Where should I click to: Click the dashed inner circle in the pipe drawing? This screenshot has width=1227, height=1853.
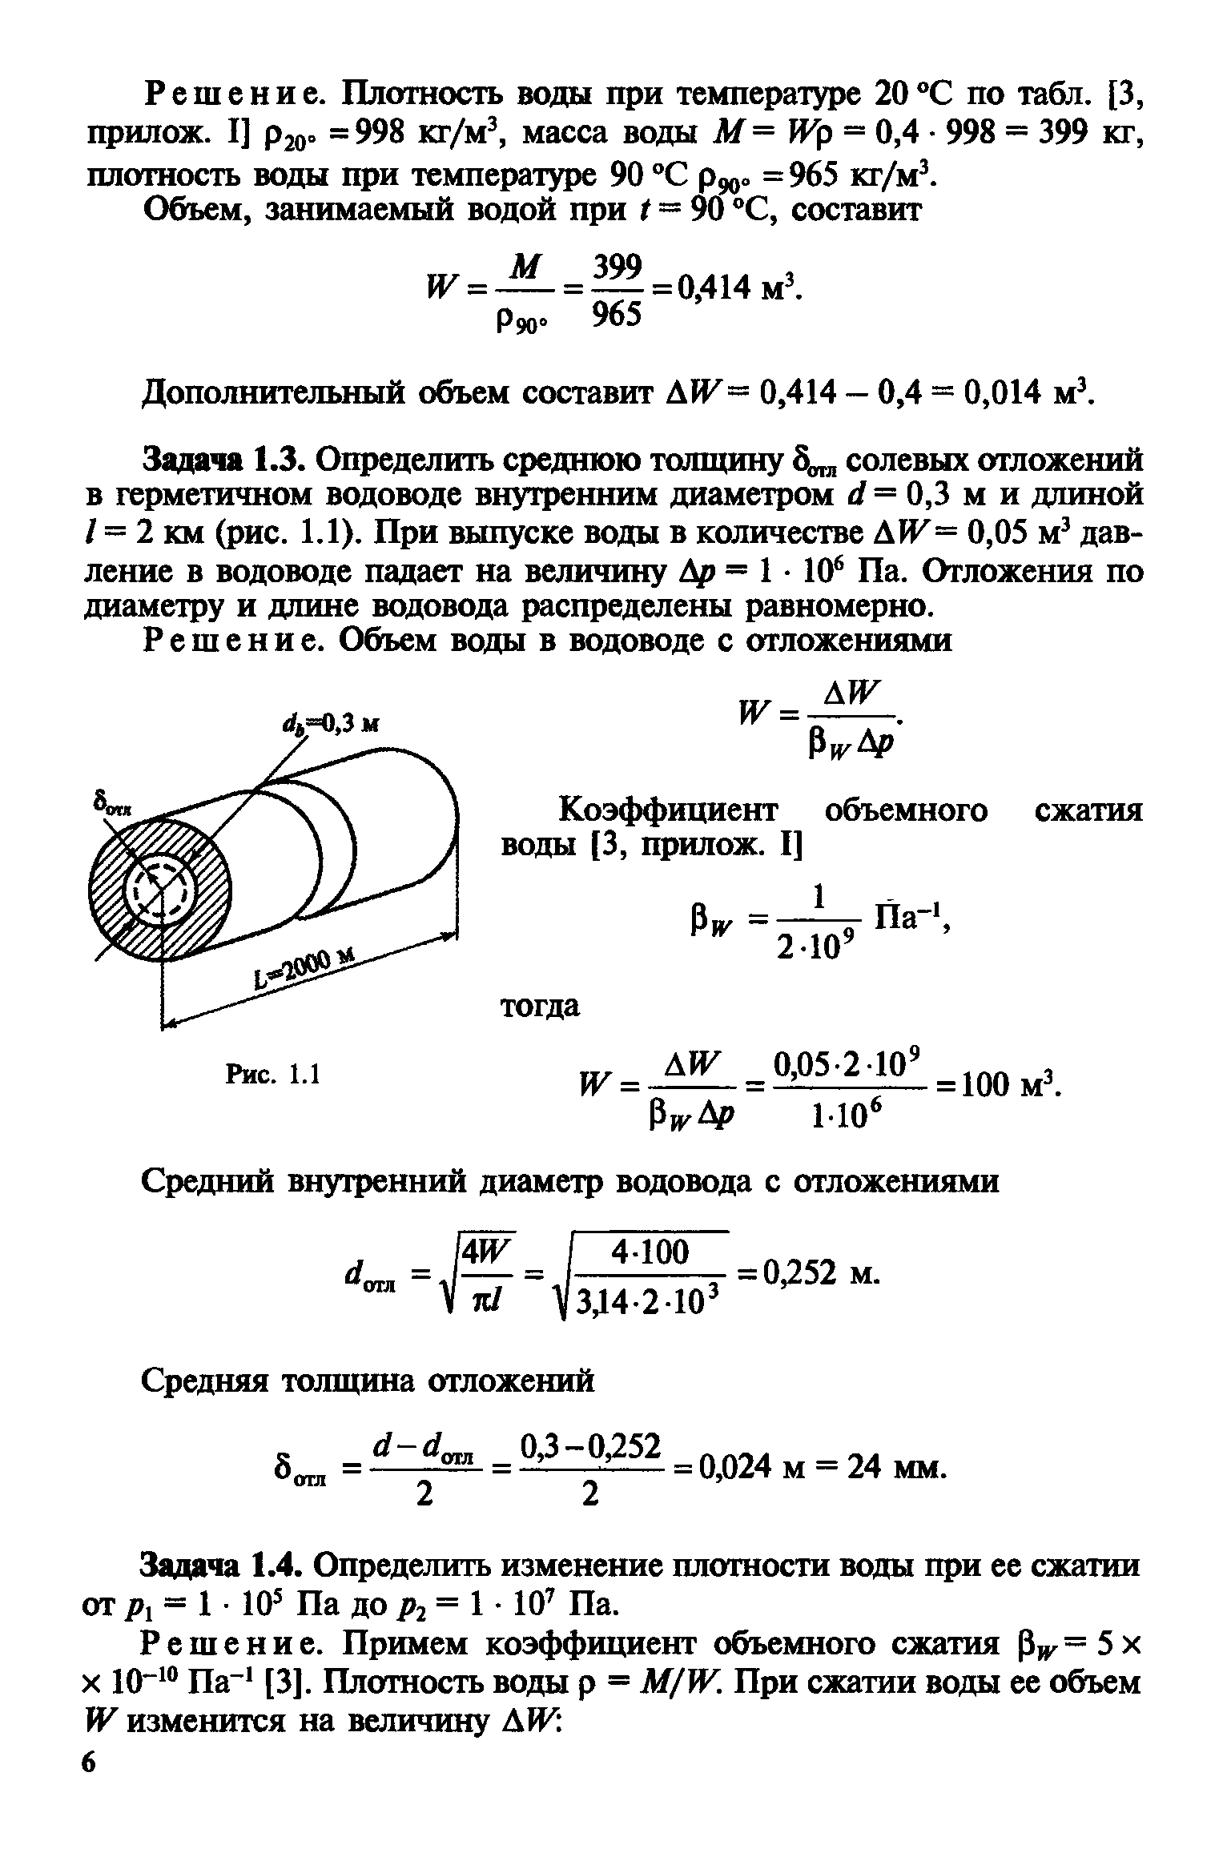point(163,889)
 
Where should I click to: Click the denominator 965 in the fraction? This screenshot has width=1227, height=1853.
point(618,317)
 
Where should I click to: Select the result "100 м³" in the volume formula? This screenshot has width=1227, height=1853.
point(1012,1086)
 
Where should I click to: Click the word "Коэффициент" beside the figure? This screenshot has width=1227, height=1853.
point(667,811)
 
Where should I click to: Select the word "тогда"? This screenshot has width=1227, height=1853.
point(541,1007)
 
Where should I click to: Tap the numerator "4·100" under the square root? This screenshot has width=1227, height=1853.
point(650,1252)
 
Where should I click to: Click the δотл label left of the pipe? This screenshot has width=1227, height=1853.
point(111,803)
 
